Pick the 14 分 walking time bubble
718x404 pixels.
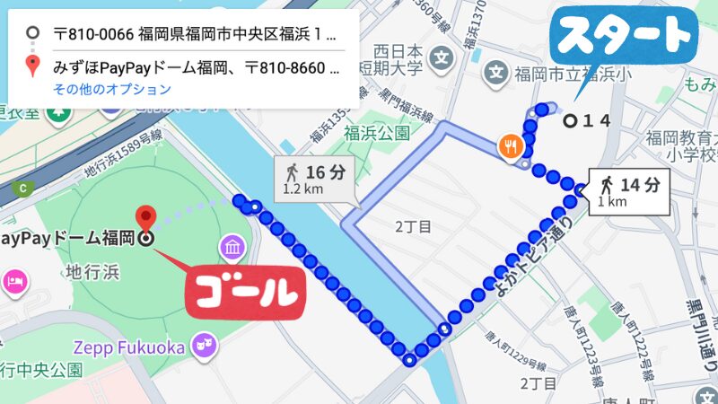click(x=629, y=191)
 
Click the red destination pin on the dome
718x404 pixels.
click(x=145, y=217)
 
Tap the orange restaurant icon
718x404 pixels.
click(x=510, y=145)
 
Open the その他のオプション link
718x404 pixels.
click(x=111, y=89)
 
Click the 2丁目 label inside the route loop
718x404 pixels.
click(x=414, y=226)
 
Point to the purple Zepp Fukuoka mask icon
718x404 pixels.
click(x=205, y=347)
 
